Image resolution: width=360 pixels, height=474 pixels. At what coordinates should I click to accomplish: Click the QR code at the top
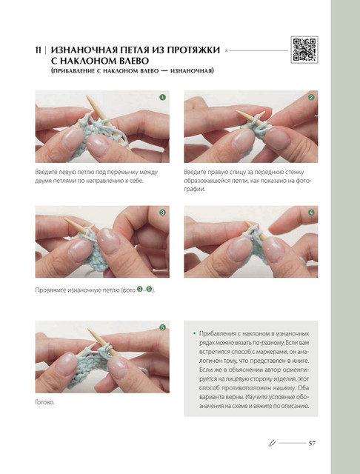[x=304, y=50]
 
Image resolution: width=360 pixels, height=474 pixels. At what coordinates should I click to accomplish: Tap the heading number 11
[x=38, y=50]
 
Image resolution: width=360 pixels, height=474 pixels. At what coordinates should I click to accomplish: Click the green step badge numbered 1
[x=163, y=97]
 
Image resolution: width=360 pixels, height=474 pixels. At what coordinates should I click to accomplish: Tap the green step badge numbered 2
[x=311, y=97]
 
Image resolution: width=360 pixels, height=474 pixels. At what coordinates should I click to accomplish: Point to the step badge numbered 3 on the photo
[x=163, y=213]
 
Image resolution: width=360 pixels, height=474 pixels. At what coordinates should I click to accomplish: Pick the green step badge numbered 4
[x=311, y=213]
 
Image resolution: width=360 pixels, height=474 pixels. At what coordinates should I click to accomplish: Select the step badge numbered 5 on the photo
[x=163, y=327]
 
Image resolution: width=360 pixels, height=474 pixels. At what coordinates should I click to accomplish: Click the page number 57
[x=312, y=443]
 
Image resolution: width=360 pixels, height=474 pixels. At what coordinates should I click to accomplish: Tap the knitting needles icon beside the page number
[x=273, y=443]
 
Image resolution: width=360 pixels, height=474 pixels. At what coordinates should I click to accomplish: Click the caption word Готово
[x=44, y=402]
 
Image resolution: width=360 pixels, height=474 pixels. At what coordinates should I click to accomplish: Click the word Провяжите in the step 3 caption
[x=50, y=290]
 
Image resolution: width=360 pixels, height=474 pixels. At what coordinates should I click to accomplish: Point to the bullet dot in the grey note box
[x=194, y=333]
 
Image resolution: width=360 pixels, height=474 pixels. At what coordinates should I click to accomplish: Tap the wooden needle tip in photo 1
[x=88, y=97]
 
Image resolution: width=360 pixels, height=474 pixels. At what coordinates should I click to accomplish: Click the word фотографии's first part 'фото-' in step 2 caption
[x=303, y=181]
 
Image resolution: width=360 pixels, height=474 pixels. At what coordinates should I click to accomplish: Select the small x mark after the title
[x=226, y=51]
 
